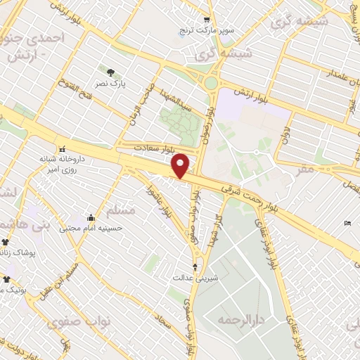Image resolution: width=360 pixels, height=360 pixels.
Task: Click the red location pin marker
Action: coord(181,165)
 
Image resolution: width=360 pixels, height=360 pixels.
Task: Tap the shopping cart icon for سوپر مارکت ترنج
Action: coord(206,20)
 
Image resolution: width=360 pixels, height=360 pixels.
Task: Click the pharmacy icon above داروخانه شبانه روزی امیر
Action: coord(63,149)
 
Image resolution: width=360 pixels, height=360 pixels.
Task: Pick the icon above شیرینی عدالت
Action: coord(195,267)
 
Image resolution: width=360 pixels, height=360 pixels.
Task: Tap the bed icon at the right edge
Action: coord(348,224)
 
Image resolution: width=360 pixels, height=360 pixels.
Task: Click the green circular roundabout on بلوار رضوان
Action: coord(212,83)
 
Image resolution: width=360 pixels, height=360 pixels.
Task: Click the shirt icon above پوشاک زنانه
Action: coord(5,242)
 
